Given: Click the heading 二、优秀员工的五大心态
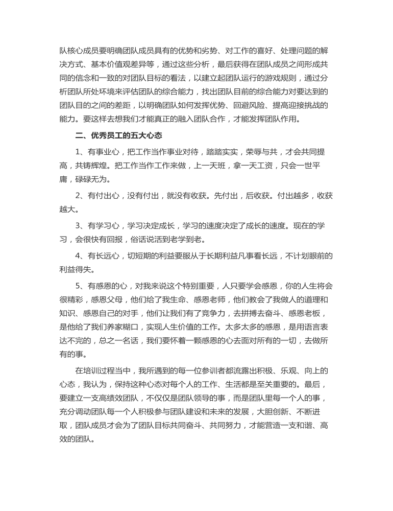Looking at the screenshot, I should pos(119,136).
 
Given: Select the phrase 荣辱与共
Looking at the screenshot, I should pos(266,152).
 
